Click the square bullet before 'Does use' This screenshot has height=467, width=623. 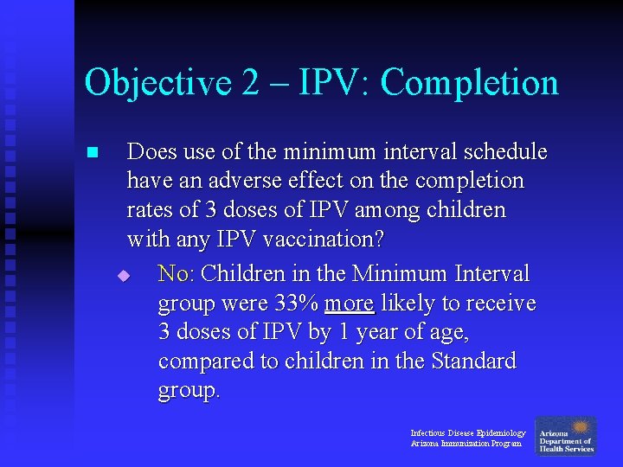pos(92,153)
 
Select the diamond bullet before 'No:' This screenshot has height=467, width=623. pos(124,276)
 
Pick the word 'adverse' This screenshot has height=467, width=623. pos(221,182)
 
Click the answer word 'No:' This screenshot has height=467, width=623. pos(177,274)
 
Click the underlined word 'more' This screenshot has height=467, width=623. pos(349,304)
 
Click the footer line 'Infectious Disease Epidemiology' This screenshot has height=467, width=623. pos(467,432)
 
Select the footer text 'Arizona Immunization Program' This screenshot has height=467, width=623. pos(466,444)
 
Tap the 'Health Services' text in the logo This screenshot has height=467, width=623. pos(566,449)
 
